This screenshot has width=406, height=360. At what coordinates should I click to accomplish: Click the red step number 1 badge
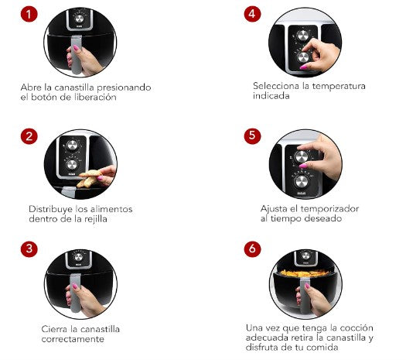tap(29, 14)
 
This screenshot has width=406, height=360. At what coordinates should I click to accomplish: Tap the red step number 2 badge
tap(29, 136)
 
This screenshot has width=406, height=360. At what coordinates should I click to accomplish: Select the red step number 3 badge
tap(29, 249)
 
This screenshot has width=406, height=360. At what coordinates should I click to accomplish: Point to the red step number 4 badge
tap(252, 14)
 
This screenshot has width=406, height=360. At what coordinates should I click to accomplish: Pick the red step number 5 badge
tap(252, 135)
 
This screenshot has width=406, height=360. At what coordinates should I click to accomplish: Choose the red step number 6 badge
tap(252, 249)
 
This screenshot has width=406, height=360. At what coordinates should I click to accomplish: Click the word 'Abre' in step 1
tap(31, 87)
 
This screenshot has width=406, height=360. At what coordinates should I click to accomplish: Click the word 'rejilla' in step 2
tap(95, 219)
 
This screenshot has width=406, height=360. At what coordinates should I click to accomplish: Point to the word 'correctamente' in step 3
tap(73, 339)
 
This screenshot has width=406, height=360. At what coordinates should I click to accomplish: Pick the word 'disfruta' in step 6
tap(261, 348)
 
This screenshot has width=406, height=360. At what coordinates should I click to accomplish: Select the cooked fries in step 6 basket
tap(305, 273)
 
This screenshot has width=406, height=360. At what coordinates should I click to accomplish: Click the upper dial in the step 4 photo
tap(302, 36)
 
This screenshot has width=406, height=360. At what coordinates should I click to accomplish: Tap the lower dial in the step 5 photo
tap(302, 181)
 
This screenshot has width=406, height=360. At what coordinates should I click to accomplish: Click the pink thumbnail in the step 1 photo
tap(76, 48)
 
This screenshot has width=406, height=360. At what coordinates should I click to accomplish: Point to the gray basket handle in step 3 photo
tap(76, 293)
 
